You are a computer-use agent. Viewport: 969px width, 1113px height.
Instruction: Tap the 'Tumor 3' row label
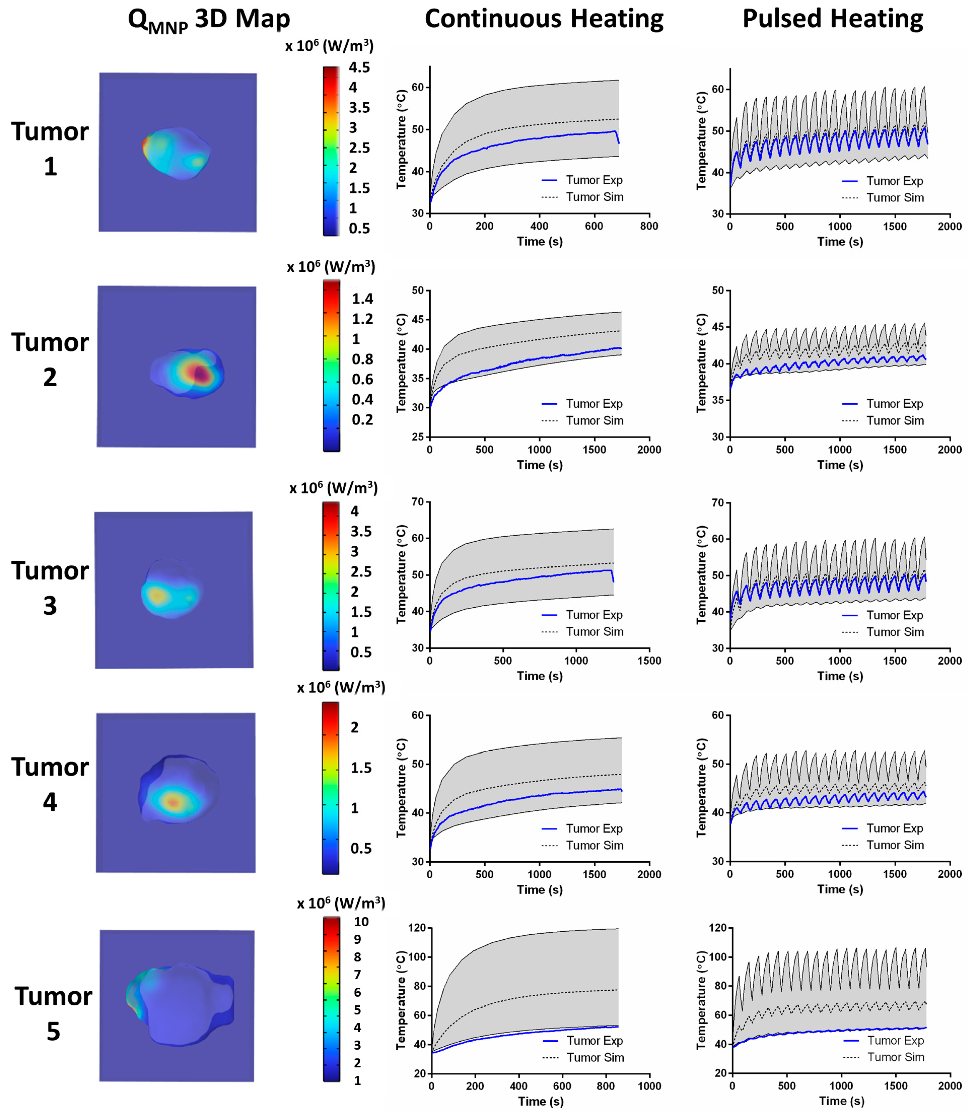coord(50,588)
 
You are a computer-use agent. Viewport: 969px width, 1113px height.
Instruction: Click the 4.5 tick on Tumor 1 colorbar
coord(359,68)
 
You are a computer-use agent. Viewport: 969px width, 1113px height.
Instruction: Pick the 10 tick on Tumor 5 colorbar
coord(361,922)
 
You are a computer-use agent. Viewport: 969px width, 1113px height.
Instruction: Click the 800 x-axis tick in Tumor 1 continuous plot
coord(649,226)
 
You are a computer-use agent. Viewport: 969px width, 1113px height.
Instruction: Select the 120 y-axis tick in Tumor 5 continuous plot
coord(417,928)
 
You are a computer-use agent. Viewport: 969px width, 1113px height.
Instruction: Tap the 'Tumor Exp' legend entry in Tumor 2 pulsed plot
coord(894,404)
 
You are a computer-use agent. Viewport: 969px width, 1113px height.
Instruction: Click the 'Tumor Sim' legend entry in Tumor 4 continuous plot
coord(594,845)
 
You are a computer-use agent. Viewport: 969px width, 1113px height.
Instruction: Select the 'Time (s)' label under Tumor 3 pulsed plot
coord(840,676)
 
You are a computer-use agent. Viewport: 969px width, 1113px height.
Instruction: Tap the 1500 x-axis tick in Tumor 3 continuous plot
coord(649,660)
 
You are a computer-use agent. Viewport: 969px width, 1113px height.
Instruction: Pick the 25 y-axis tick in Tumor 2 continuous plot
coord(418,437)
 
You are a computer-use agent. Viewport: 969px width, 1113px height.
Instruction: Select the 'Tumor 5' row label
coord(53,1014)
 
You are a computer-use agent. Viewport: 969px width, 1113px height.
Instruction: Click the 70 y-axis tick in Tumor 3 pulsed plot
coord(717,503)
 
